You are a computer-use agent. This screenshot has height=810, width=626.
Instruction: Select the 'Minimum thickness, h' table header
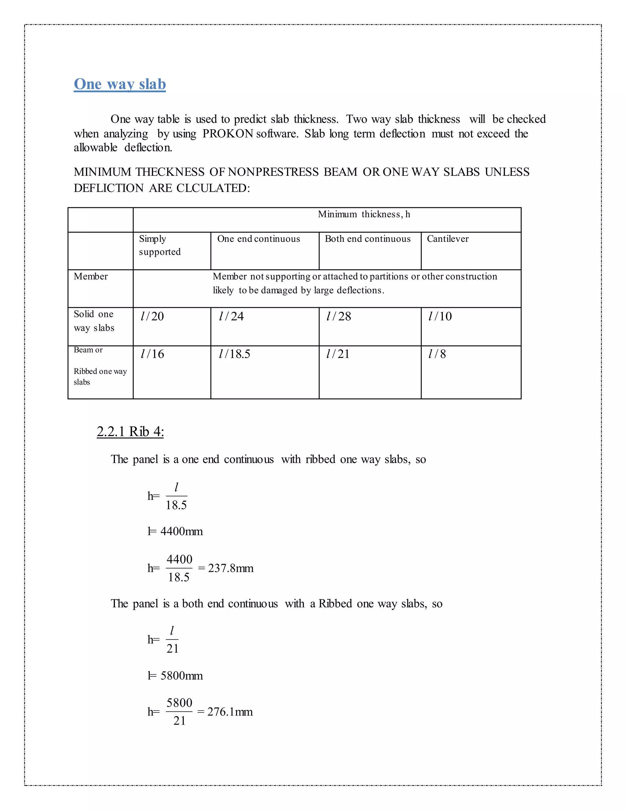[364, 214]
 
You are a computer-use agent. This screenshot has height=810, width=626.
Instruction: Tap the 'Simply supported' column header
[160, 245]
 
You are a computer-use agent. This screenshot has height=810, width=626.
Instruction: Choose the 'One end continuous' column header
[259, 239]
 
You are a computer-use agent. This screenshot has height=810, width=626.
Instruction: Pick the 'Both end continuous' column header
[367, 239]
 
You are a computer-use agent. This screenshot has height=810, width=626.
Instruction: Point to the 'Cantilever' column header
[447, 239]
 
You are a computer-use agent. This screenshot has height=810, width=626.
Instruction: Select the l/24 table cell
[231, 316]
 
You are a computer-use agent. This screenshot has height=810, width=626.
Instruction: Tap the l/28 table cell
[339, 316]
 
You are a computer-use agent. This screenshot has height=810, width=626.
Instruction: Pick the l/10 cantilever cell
[440, 316]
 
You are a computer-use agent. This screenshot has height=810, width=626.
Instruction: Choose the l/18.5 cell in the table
[234, 354]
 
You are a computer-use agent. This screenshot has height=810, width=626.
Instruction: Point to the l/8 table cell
[437, 354]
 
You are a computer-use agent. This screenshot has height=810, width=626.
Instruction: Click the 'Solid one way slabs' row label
[94, 321]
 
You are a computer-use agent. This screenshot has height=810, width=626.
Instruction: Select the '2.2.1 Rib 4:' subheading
[130, 432]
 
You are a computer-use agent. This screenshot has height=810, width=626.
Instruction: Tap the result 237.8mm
[231, 568]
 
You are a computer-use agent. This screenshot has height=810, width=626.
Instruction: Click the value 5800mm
[181, 676]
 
